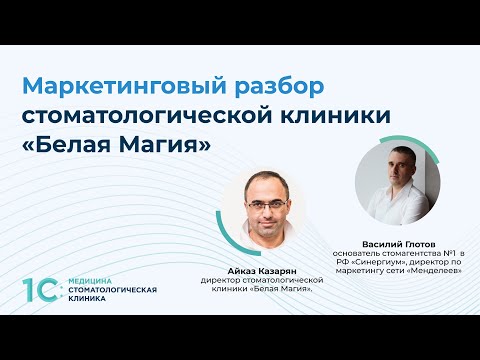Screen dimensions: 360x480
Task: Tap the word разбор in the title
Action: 246,81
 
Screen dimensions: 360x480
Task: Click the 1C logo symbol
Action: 42,291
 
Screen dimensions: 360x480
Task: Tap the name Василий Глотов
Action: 397,244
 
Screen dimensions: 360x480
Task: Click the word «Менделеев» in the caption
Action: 432,274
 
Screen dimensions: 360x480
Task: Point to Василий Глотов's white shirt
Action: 391,210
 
